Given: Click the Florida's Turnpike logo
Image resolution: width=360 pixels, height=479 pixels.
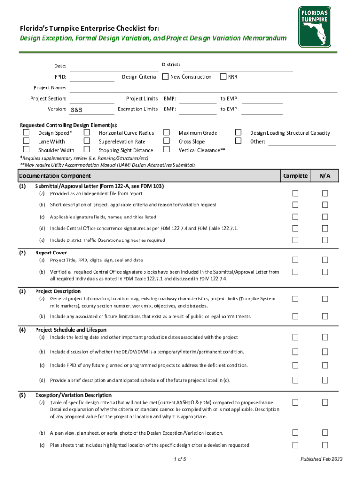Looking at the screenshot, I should point(315,27).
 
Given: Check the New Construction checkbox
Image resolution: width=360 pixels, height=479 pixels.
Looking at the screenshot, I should point(165,77).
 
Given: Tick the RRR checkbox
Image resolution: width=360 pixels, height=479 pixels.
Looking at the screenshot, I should point(223,77).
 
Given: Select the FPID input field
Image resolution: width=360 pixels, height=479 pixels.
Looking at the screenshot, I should point(92,77).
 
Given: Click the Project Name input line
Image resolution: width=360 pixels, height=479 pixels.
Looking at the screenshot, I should point(203,88).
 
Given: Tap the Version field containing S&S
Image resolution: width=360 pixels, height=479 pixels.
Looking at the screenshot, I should point(92,110).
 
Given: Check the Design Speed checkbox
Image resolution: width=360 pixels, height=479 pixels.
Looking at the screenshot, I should point(27,133).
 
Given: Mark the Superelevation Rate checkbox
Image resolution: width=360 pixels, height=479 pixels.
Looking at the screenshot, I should point(86,141).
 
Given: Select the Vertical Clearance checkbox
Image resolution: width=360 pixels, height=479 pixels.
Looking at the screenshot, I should point(166,150).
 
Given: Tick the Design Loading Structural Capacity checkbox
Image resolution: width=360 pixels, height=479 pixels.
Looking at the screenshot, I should point(238,133).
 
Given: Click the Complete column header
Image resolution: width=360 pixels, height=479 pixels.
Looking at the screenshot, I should point(295,176).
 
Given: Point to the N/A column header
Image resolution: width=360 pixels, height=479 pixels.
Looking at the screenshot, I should point(325,176).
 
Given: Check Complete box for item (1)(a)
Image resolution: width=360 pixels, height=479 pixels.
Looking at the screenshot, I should point(295,194).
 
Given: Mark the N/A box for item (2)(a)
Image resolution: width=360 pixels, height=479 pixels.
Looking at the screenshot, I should point(325,260).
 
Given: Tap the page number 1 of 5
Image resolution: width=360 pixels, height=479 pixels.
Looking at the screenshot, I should point(180,459).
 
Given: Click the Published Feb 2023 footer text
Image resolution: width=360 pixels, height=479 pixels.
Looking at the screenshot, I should point(321,459).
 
